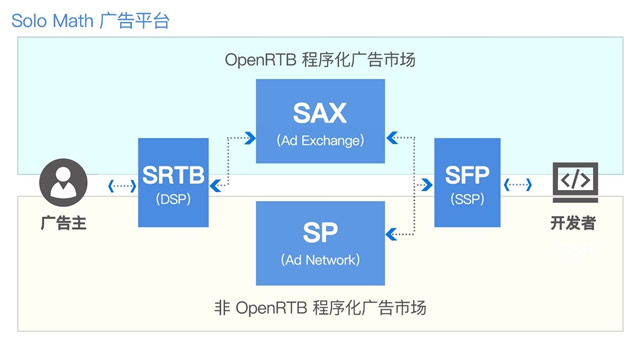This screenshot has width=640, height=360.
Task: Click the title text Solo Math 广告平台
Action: pos(90,20)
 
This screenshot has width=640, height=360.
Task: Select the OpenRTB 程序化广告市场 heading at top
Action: pos(320,60)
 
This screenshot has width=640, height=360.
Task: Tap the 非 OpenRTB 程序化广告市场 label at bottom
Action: pos(320,307)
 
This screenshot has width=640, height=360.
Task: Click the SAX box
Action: pos(320,121)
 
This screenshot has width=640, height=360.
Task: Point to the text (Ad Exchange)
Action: pos(320,141)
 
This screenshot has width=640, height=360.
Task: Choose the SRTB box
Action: pos(173,182)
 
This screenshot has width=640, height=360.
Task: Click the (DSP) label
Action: pos(173,199)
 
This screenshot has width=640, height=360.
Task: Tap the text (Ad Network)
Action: pos(320,260)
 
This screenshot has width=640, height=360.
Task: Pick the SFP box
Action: pos(467,182)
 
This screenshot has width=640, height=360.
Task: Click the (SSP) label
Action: pos(467,199)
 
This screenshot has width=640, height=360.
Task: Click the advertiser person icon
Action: pos(63,184)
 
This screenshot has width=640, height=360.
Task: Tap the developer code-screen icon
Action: pos(575,183)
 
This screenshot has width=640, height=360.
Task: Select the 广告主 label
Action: pos(63,223)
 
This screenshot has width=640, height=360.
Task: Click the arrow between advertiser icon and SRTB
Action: pos(122,185)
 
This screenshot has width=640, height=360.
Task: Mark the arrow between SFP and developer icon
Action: pos(518,185)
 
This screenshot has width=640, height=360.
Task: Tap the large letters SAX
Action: pos(320,112)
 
